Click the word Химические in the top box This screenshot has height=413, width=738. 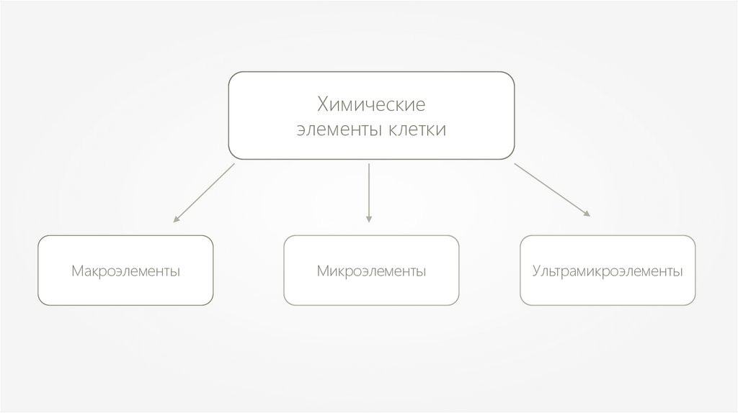coord(371,106)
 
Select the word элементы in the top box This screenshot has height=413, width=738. coord(334,130)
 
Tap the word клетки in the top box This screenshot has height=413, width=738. coord(418,130)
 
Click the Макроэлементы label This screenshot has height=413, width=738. coord(125,272)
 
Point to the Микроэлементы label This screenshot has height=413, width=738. coord(371,272)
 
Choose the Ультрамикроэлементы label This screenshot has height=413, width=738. coord(608,272)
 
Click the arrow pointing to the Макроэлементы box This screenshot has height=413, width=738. coord(204,191)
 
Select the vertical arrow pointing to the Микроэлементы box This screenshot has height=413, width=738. coord(369,191)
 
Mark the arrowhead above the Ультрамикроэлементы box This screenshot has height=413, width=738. coord(587,213)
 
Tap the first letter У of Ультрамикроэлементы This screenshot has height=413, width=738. coord(537,272)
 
